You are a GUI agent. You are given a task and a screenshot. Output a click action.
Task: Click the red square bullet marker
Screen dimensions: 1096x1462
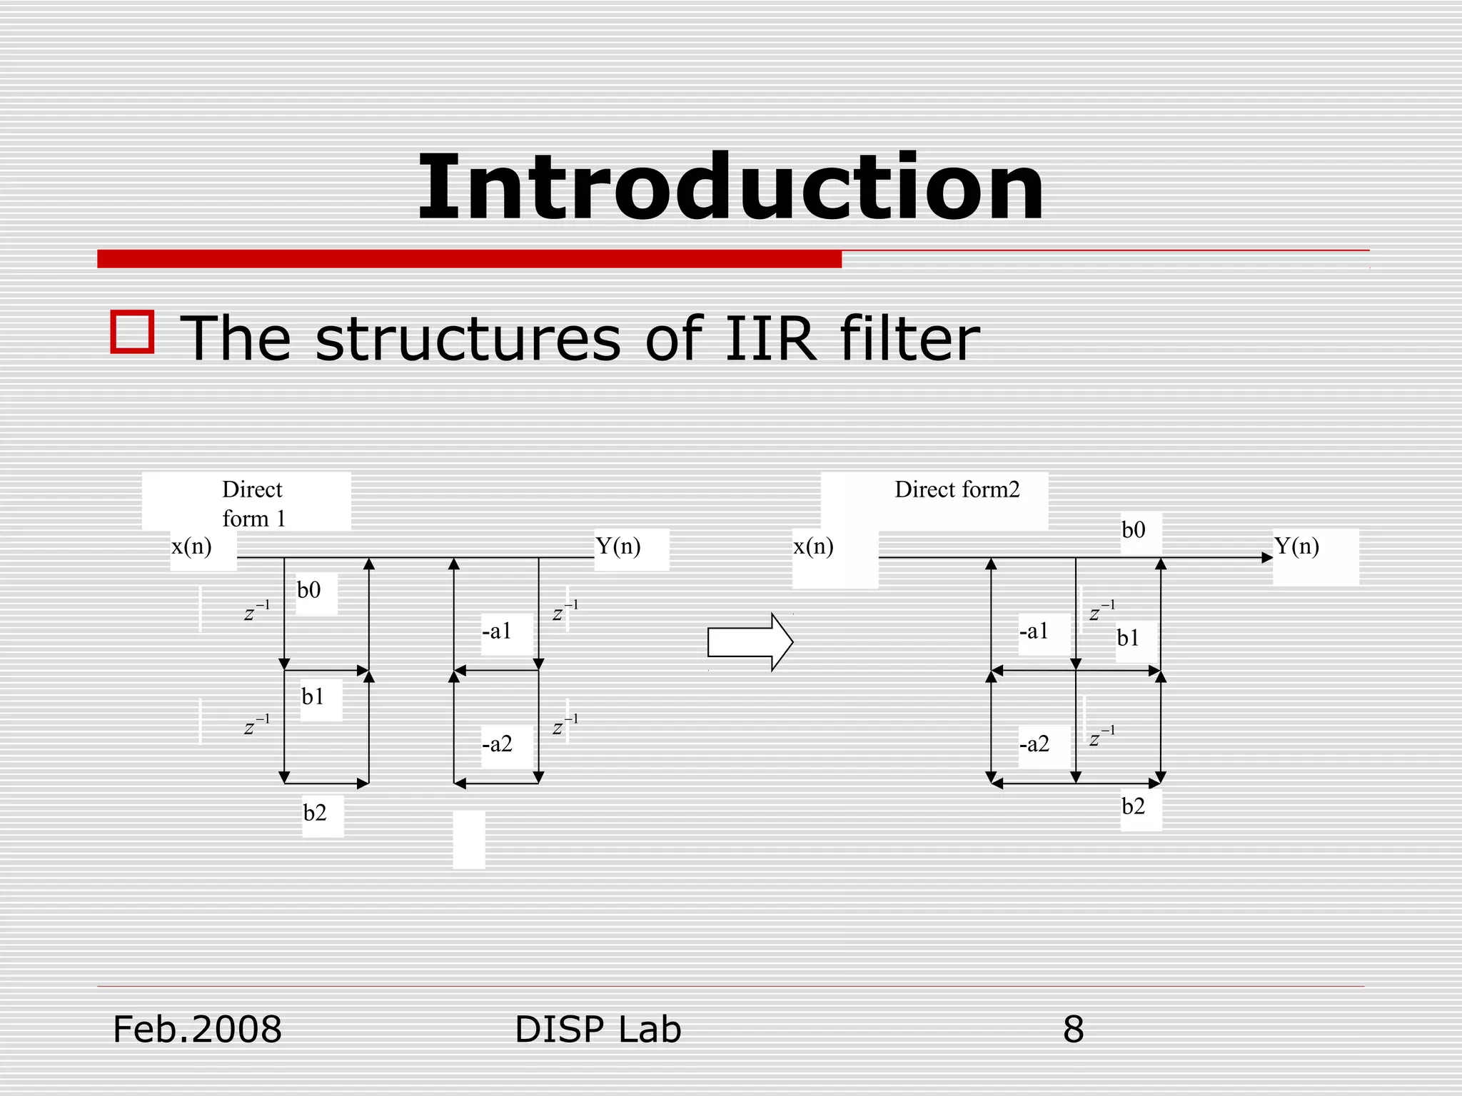coord(133,332)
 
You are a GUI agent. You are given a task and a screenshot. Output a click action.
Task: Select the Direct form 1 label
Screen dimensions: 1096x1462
coord(253,503)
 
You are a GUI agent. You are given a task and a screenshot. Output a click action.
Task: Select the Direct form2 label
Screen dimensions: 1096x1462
coord(957,489)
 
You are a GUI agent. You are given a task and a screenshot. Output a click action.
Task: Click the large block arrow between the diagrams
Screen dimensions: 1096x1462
coord(750,641)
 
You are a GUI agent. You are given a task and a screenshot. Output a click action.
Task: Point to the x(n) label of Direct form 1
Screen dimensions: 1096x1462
coord(191,547)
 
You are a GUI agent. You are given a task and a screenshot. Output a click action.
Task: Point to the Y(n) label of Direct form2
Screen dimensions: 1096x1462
coord(1296,547)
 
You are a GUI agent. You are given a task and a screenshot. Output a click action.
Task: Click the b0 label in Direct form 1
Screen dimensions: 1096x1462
coord(309,590)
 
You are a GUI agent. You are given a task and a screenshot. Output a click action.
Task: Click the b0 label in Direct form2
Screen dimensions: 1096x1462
coord(1133,530)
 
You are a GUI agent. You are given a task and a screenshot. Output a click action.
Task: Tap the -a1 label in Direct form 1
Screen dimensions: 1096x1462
coord(497,631)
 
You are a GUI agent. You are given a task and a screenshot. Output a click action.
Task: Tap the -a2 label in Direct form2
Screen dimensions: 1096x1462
coord(1034,744)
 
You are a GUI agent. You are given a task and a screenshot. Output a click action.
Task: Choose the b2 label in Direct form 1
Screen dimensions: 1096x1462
coord(315,813)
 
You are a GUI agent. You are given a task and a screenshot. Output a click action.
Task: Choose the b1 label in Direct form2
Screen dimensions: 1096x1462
coord(1128,638)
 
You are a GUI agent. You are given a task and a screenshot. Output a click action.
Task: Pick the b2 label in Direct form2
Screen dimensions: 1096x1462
coord(1133,807)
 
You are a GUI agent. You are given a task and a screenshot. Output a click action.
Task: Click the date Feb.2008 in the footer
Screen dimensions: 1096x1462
coord(197,1030)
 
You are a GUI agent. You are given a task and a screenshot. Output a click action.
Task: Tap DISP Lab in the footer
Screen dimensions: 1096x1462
coord(598,1030)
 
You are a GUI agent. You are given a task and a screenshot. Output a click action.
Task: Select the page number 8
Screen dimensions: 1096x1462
coord(1073,1030)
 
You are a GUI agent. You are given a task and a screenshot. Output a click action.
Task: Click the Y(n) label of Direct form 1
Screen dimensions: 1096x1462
coord(618,547)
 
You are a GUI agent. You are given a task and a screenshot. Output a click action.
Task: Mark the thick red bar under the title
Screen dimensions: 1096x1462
coord(469,258)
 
